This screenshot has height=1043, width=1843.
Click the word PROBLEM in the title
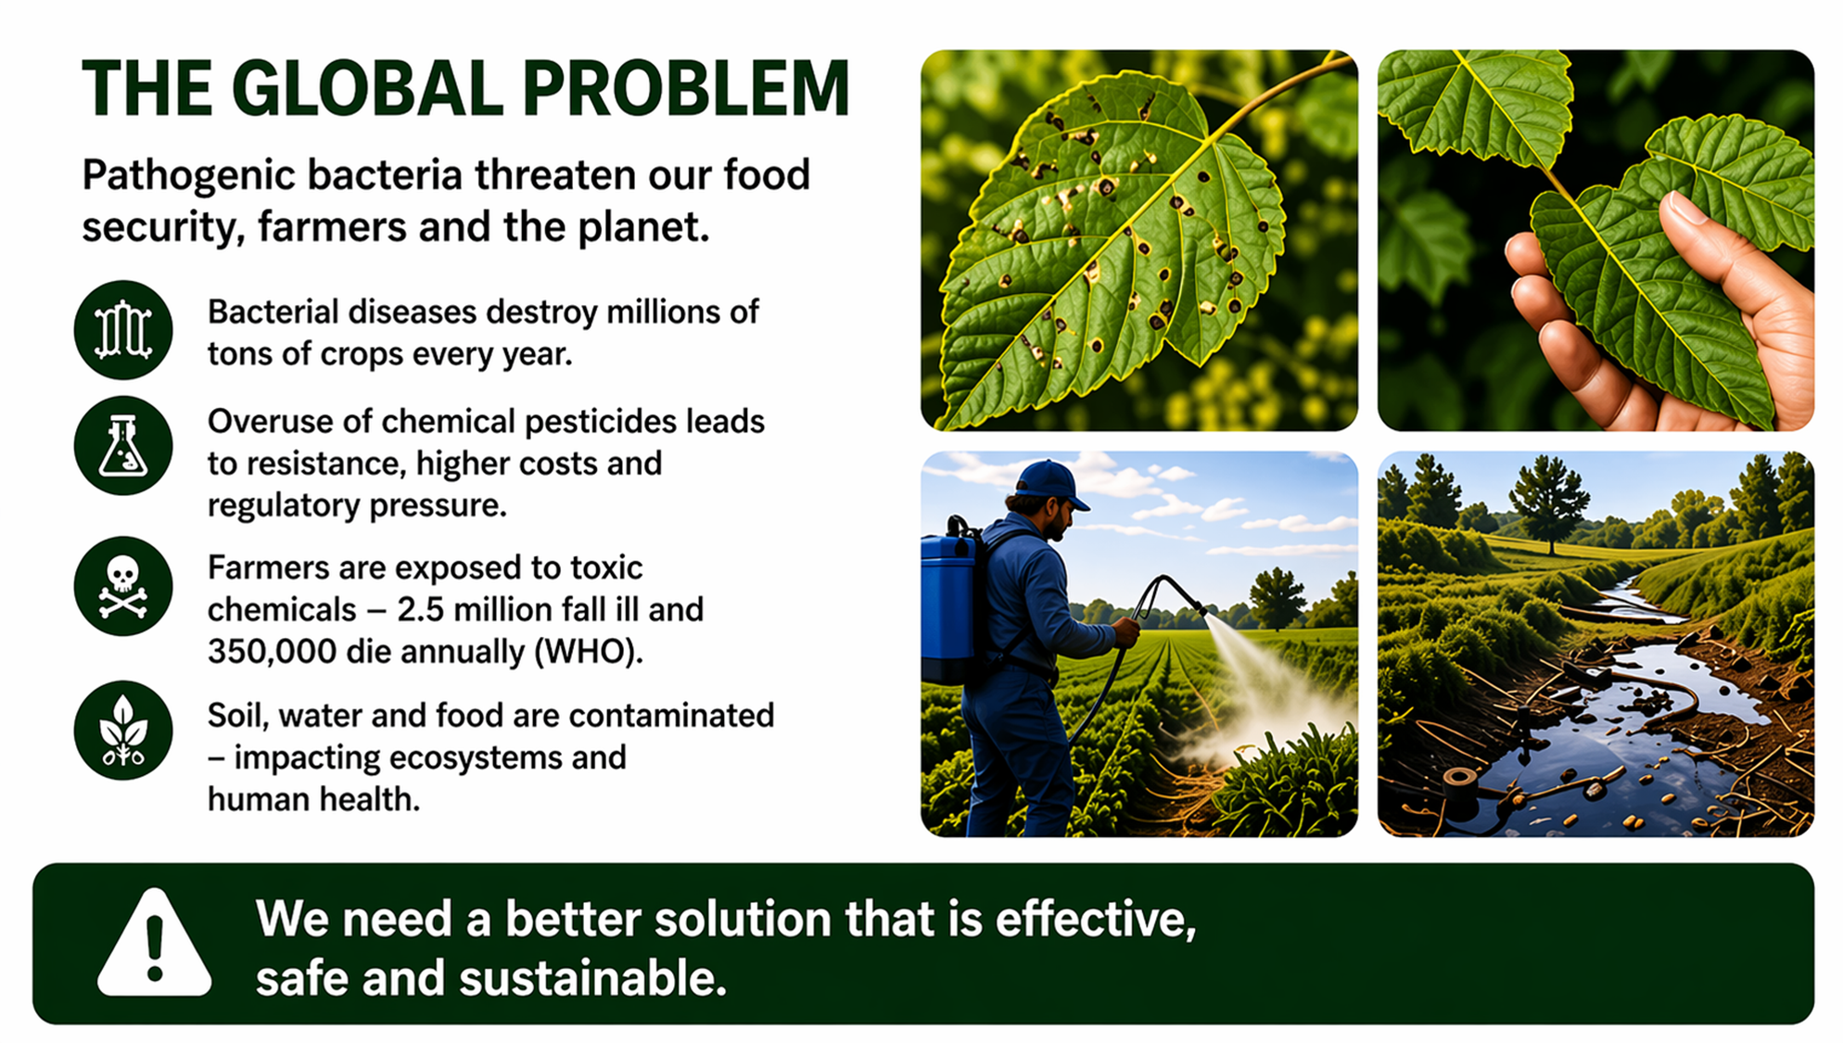(685, 89)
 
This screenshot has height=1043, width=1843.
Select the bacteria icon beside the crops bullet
(123, 330)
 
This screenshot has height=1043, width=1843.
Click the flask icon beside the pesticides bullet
(123, 446)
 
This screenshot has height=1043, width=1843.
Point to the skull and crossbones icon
(123, 587)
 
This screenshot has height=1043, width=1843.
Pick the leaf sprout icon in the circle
(123, 731)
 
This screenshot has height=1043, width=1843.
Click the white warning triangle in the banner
(155, 944)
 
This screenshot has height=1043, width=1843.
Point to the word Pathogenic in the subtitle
(189, 176)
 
